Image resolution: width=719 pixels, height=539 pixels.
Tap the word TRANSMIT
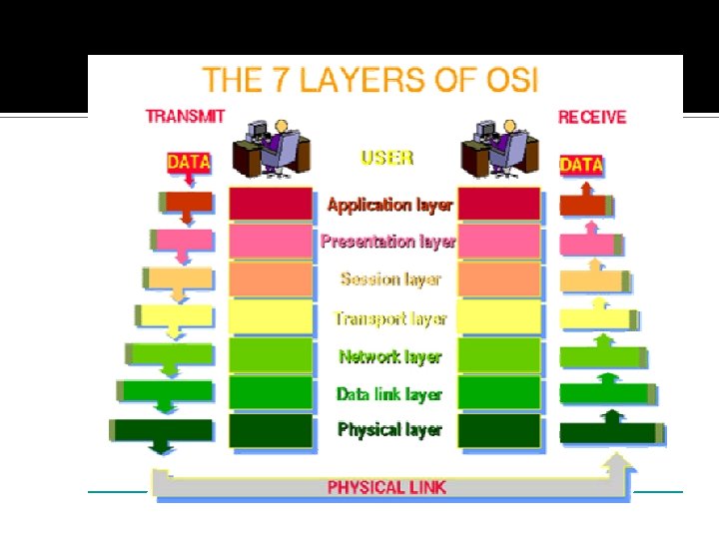(185, 117)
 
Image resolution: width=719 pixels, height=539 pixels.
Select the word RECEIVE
(592, 117)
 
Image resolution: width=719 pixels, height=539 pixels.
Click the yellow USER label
(386, 158)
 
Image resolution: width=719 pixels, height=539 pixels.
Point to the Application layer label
(389, 206)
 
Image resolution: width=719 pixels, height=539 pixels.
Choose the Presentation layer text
(388, 242)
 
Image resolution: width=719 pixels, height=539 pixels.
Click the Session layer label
(389, 279)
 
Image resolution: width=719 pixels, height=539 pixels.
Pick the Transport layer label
(389, 319)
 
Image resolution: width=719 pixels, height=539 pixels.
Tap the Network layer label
(389, 356)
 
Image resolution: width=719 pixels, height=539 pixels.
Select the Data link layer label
(389, 394)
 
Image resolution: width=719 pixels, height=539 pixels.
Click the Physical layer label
(389, 430)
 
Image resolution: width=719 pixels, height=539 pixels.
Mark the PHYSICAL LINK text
(387, 487)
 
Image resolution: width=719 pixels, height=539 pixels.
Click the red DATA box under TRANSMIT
(188, 162)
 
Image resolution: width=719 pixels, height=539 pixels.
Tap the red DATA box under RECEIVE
(582, 165)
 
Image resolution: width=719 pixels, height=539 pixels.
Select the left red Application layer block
(271, 204)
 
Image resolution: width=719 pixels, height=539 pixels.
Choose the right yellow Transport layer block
(498, 317)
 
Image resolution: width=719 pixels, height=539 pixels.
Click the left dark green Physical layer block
(271, 430)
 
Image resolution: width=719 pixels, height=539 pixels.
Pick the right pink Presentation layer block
(498, 242)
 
